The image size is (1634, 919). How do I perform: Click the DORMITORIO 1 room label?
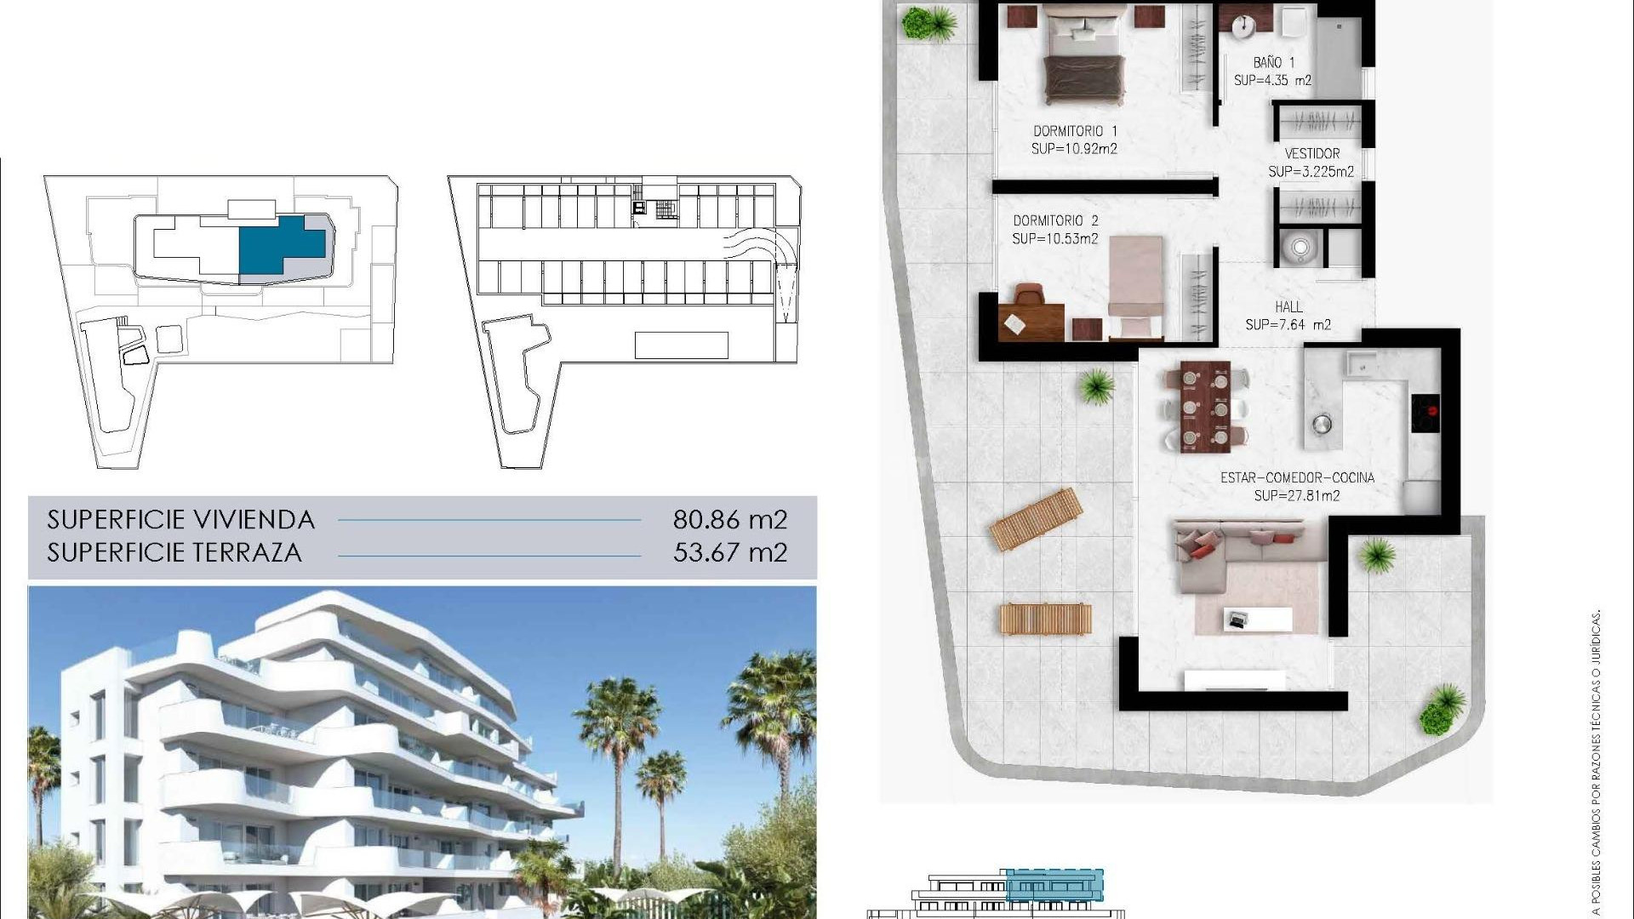point(1075,131)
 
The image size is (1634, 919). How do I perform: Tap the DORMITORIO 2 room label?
point(1055,221)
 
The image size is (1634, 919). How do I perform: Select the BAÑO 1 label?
point(1273,62)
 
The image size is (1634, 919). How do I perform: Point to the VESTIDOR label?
point(1311,154)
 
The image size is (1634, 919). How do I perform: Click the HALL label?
point(1288,306)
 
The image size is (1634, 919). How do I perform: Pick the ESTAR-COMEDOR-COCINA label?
point(1297,477)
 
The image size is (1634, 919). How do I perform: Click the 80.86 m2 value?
point(729,519)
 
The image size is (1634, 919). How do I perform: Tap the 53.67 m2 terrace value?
point(729,552)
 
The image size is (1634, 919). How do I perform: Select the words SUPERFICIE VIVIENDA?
point(180,519)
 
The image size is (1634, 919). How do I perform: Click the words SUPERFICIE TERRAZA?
point(174,552)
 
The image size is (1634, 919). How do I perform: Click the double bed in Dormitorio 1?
point(1083,60)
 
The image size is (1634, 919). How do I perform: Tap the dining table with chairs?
point(1204,407)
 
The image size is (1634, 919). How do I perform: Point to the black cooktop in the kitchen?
point(1425,413)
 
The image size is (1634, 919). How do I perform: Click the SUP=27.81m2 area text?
point(1297,495)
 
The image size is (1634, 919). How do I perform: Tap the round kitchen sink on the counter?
point(1322,423)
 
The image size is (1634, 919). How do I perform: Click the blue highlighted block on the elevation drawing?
point(1054,885)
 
